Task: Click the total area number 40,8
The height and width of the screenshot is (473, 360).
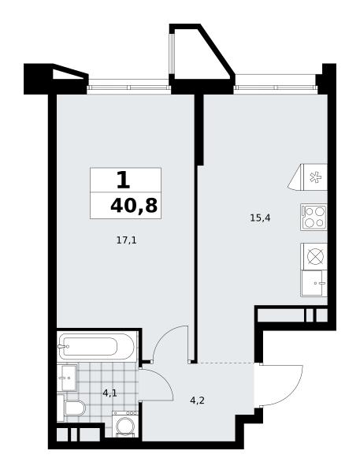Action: click(x=134, y=206)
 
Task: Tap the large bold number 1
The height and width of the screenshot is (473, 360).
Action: click(x=124, y=180)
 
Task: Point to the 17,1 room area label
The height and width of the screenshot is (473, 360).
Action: click(x=126, y=240)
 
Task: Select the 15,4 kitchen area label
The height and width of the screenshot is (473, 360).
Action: click(x=260, y=218)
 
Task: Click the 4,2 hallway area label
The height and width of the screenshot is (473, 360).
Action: click(x=198, y=401)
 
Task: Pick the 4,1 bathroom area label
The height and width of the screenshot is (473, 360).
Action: click(x=109, y=393)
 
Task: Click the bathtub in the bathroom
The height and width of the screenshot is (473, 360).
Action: click(x=97, y=346)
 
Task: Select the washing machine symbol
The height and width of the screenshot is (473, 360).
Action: click(x=125, y=424)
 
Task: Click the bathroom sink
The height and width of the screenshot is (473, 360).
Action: click(x=67, y=377)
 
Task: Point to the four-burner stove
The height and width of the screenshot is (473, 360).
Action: click(x=314, y=217)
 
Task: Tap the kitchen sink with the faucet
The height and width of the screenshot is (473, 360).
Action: click(x=314, y=283)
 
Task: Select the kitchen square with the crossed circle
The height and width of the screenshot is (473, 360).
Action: click(x=314, y=256)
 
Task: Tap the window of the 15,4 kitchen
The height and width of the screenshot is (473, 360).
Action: click(x=276, y=88)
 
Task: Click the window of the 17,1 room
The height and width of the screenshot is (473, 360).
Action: click(x=129, y=88)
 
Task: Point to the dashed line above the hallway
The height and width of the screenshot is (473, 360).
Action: click(x=225, y=362)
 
